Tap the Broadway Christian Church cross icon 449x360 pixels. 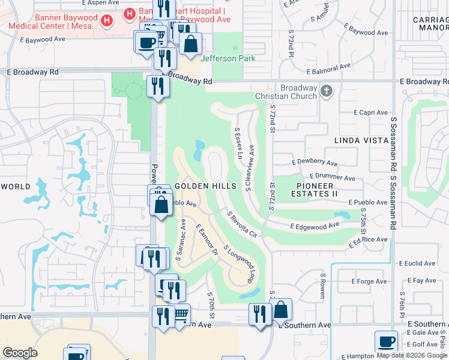[326, 91]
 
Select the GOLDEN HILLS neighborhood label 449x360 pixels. [206, 186]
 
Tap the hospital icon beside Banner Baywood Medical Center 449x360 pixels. [107, 20]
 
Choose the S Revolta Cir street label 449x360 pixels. [241, 224]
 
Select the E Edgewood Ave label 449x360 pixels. [315, 226]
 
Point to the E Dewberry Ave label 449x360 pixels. [315, 163]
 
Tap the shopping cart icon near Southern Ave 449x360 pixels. [180, 314]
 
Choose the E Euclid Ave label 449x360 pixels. [417, 263]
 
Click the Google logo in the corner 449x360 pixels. [20, 353]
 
